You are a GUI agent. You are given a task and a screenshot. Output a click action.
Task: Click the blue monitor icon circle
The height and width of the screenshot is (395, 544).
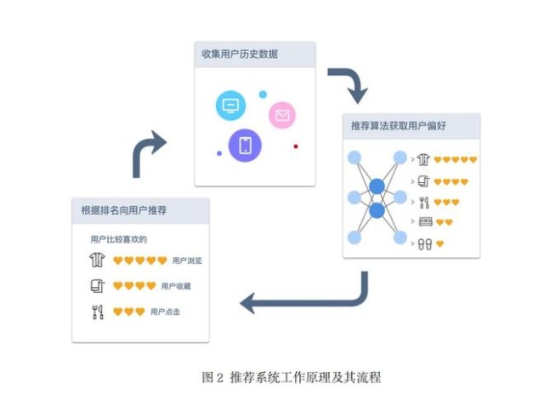click(x=230, y=105)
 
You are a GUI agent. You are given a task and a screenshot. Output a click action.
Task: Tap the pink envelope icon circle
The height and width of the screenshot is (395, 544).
click(x=282, y=115)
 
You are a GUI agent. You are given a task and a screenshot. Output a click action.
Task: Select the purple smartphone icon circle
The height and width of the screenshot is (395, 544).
click(x=245, y=146)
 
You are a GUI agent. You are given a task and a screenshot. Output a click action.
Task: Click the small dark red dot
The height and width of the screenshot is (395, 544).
click(x=296, y=146)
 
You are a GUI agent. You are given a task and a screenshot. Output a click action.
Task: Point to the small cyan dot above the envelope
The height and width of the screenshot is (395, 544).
click(x=263, y=94)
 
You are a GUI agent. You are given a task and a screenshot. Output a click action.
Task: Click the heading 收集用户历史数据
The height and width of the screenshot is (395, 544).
click(x=240, y=54)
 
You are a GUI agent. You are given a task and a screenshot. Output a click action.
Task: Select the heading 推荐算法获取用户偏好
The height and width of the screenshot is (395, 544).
click(x=399, y=125)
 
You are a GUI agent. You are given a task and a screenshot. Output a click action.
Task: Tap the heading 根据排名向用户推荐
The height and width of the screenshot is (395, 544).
click(x=124, y=210)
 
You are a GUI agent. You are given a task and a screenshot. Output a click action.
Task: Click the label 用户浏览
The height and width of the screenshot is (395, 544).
click(x=187, y=260)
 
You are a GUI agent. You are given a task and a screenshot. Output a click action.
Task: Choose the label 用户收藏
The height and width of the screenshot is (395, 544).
click(x=176, y=286)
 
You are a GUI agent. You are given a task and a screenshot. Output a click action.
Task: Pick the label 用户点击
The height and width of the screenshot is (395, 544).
click(x=165, y=312)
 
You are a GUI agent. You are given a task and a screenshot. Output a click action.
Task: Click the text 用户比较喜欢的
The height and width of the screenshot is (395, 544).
click(x=119, y=239)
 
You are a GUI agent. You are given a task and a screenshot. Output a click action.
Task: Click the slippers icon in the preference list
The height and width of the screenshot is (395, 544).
click(x=425, y=243)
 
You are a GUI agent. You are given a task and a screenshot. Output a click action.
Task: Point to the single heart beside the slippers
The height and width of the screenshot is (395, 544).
click(x=440, y=243)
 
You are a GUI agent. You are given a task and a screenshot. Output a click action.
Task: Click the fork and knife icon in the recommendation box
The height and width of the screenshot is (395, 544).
click(x=98, y=312)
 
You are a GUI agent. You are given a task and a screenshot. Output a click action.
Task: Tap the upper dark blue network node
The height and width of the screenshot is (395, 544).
click(x=377, y=186)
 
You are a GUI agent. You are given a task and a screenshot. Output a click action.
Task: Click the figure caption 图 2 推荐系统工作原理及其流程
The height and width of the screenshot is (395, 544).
click(x=292, y=377)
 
